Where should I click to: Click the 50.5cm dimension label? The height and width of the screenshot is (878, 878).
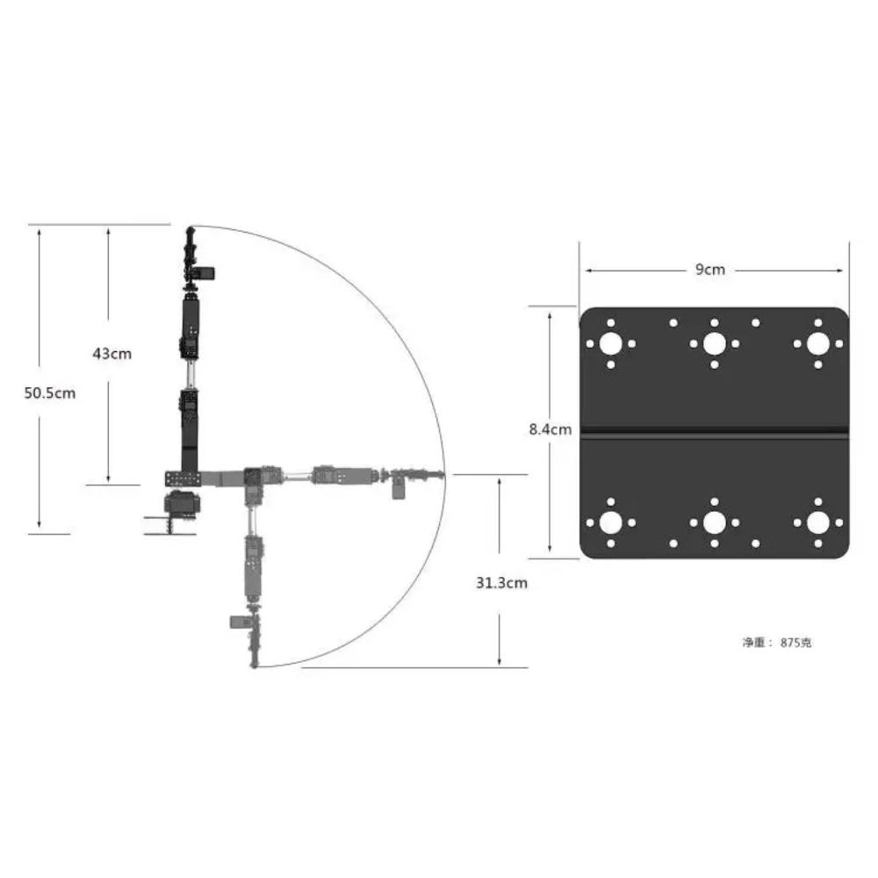50,392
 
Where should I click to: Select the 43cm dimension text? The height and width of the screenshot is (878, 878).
112,354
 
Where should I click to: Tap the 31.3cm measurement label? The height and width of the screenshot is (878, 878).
501,582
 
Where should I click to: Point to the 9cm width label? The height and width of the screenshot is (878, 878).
710,270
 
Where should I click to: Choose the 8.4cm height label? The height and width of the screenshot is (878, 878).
551,429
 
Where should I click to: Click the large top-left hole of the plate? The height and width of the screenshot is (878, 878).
610,343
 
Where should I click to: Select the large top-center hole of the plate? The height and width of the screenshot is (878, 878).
715,343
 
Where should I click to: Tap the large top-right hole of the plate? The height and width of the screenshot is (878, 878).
818,343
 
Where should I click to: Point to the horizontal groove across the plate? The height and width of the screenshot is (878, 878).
715,431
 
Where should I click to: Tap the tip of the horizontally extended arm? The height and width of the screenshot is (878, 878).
441,475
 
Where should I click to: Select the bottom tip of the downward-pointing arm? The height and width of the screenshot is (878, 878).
255,666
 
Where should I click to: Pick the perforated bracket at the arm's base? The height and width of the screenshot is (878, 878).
182,479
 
